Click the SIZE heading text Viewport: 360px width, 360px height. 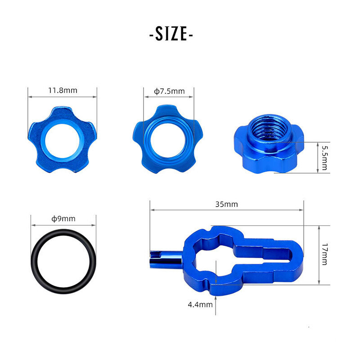(171, 34)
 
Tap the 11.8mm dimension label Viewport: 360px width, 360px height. (63, 90)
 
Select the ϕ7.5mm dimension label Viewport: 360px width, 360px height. (169, 91)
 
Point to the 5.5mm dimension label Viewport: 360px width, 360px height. (324, 158)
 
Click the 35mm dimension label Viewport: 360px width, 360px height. (227, 204)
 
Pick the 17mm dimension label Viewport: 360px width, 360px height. (324, 254)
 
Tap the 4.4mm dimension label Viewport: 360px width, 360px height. (200, 305)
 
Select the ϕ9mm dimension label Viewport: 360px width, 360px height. (63, 219)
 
